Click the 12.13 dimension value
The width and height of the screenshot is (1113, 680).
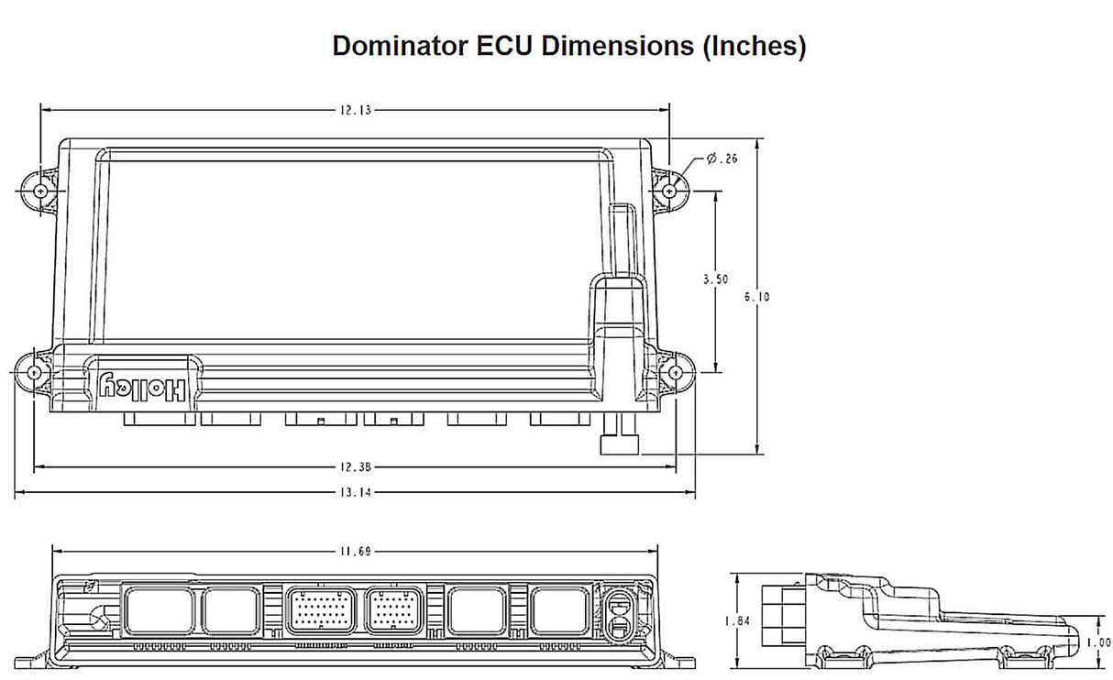click(x=355, y=110)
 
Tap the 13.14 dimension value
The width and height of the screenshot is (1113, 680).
click(x=355, y=493)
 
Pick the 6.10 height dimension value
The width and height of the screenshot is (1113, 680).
click(x=757, y=296)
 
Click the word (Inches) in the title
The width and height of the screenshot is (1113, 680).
click(x=754, y=46)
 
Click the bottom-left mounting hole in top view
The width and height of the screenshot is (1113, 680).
click(x=34, y=373)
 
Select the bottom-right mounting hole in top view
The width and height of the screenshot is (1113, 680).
click(x=677, y=373)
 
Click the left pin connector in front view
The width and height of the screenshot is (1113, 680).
click(x=321, y=609)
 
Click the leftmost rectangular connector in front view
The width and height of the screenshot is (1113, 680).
click(x=158, y=609)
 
